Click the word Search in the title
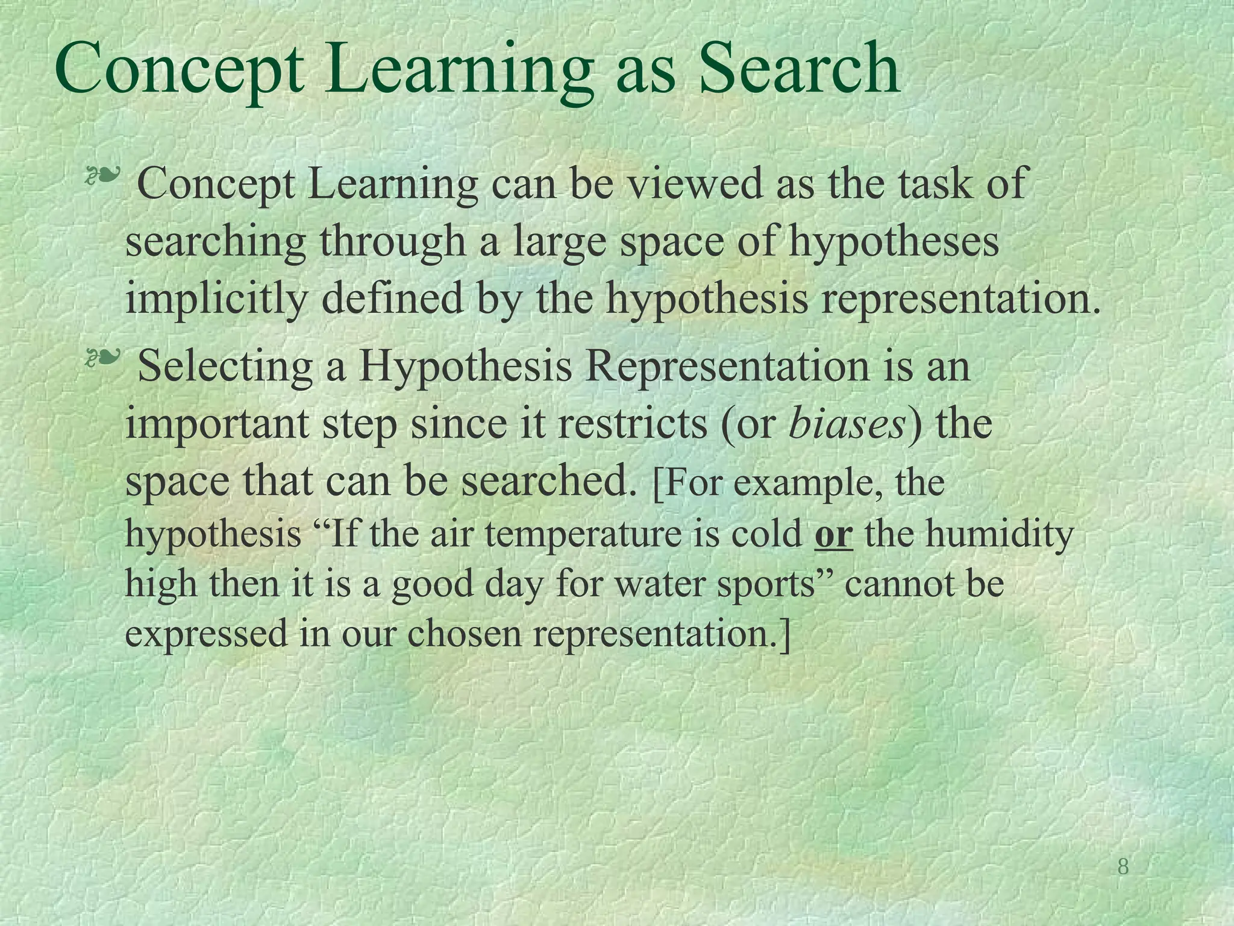[x=800, y=71]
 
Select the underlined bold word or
[x=833, y=534]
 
